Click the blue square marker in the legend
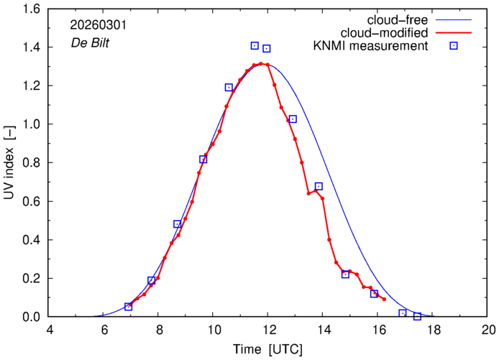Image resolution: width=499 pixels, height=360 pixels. coord(454,47)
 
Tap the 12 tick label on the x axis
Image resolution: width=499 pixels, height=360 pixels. coord(267,331)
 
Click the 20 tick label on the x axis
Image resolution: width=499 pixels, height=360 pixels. coord(487,331)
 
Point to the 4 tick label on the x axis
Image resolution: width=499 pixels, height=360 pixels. coord(49,331)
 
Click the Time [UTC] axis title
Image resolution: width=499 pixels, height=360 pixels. coord(267,349)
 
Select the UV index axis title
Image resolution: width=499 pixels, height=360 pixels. coord(10,162)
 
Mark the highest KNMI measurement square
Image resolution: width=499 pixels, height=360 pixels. coord(255,45)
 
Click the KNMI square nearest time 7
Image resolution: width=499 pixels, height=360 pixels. coord(128,307)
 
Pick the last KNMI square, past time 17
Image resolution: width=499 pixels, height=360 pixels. coord(417,316)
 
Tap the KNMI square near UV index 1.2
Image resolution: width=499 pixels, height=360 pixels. coord(229,87)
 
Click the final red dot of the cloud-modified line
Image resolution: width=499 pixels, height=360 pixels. coord(385,299)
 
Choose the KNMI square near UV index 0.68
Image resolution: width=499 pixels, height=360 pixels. coord(319,186)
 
